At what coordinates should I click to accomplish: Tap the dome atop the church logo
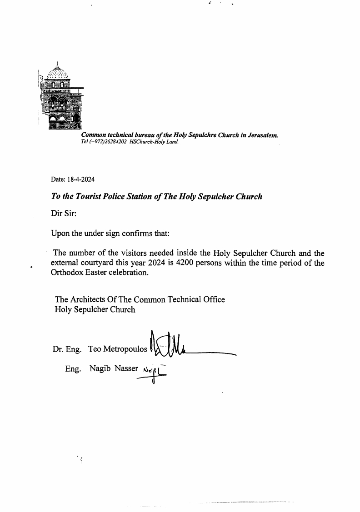[58, 72]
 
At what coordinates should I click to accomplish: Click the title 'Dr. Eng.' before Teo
[67, 349]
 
